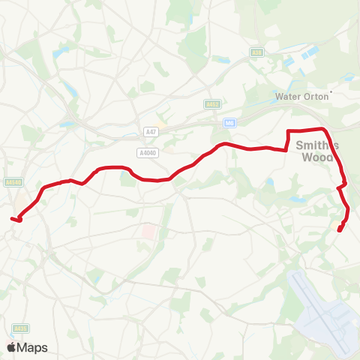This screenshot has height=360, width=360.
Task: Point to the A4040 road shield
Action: click(x=148, y=151)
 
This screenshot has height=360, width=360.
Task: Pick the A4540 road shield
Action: click(x=13, y=181)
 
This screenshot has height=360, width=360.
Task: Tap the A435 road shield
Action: click(x=20, y=328)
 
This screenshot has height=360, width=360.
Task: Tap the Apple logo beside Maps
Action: click(x=11, y=347)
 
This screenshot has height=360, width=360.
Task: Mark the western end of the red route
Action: click(x=12, y=218)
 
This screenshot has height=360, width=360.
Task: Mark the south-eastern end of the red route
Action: click(x=340, y=230)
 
